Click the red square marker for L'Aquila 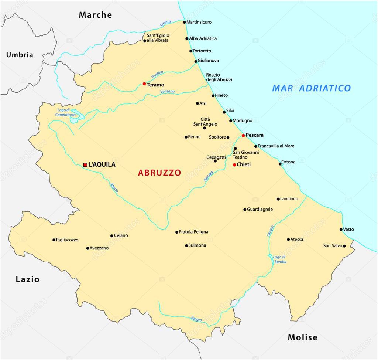(85, 165)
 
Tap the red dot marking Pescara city (243, 136)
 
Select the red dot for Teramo (144, 84)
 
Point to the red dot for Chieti (234, 165)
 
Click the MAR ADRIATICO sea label (311, 88)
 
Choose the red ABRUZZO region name (159, 173)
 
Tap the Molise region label (302, 337)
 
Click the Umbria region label (20, 55)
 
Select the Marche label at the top (95, 15)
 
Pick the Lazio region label (27, 279)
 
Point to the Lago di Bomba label (279, 259)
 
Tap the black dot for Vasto (341, 230)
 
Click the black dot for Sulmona (186, 245)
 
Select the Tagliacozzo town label (67, 240)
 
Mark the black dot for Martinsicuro (185, 22)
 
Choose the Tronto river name (165, 23)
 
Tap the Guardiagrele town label (260, 209)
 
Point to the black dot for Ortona (280, 164)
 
